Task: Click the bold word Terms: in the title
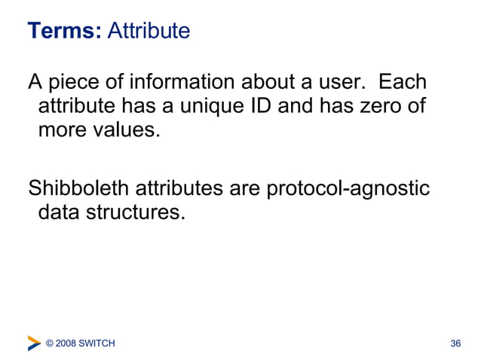coord(64,31)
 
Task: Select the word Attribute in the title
coord(149,31)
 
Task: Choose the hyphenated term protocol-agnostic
coord(348,188)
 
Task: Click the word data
coord(60,212)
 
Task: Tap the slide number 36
coord(455,344)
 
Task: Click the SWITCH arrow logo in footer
coord(34,343)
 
